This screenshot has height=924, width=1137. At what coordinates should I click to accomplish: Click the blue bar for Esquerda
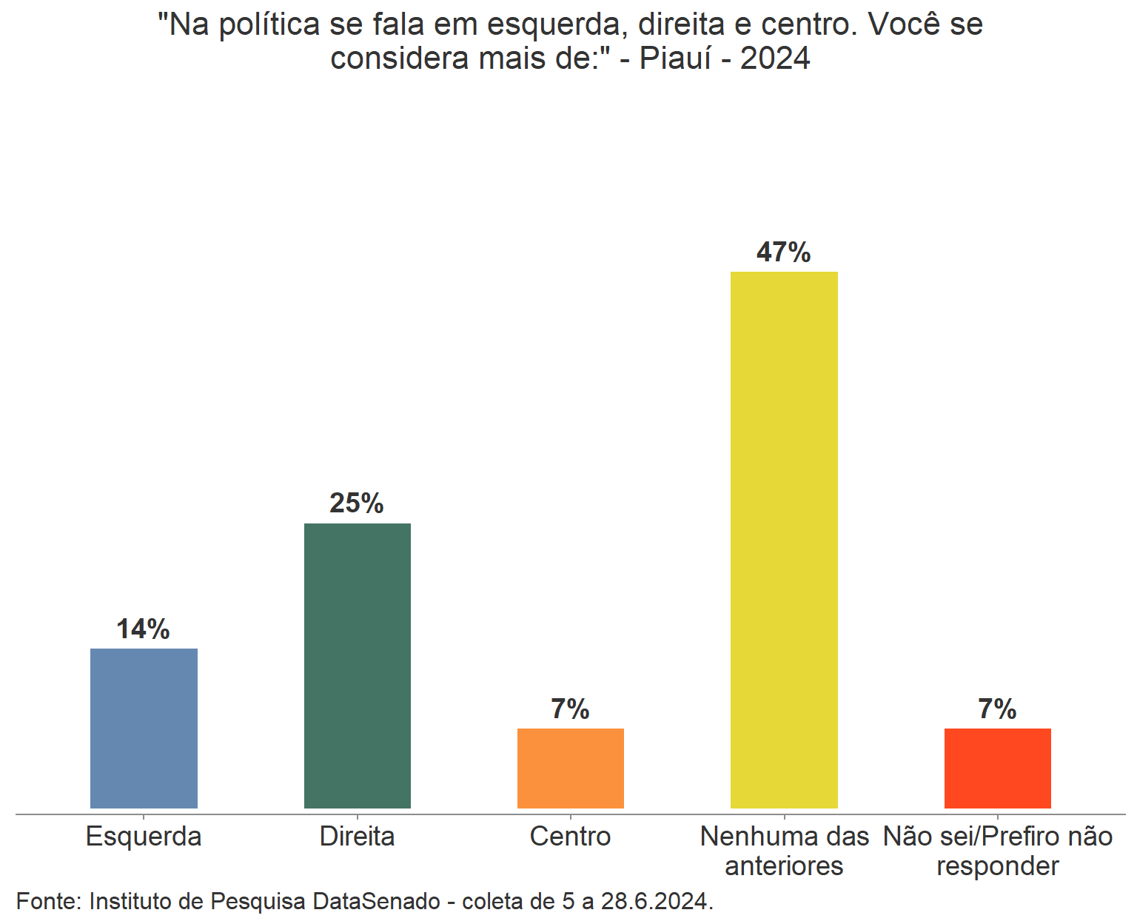point(144,728)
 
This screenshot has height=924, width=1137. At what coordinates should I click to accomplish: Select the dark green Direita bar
point(358,666)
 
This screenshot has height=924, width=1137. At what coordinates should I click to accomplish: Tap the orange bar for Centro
point(571,768)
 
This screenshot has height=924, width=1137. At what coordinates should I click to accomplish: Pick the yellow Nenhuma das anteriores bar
point(784,540)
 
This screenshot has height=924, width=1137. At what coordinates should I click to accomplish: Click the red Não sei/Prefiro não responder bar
point(997,768)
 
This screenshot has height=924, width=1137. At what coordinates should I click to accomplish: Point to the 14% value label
point(143,629)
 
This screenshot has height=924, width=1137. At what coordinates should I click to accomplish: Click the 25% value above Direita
point(357,503)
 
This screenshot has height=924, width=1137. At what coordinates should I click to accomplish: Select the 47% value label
point(783,252)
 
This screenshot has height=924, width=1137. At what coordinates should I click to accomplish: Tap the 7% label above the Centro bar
point(570,709)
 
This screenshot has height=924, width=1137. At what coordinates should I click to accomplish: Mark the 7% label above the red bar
point(997,709)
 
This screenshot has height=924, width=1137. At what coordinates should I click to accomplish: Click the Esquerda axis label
point(144,837)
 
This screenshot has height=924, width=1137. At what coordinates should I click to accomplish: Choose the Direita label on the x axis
point(358,837)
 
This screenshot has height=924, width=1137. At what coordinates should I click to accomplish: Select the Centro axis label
point(571,837)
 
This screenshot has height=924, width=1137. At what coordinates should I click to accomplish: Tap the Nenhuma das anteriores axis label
point(784,851)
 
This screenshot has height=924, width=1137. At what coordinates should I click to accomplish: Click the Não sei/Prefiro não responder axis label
point(997,851)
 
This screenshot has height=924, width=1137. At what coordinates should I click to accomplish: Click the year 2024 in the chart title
point(775,58)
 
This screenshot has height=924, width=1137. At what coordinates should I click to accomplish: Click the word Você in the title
point(904,24)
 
